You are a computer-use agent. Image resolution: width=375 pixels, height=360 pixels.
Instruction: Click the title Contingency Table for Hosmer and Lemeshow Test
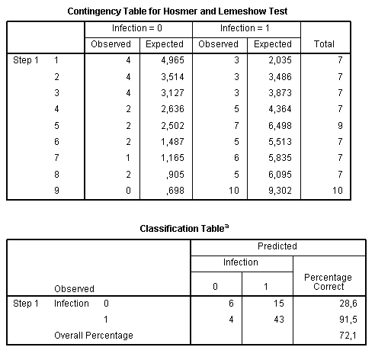click(188, 11)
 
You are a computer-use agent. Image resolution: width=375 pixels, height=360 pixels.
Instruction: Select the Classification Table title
click(188, 227)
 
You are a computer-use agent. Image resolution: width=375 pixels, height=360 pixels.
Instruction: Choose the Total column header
click(324, 44)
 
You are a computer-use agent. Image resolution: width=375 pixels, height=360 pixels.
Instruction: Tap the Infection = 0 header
click(138, 29)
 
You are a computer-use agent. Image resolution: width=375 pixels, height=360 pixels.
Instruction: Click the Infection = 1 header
click(246, 29)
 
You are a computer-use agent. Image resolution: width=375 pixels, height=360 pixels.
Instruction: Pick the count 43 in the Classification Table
click(278, 319)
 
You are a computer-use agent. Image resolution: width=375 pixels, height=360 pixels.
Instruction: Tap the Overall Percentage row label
click(93, 335)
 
